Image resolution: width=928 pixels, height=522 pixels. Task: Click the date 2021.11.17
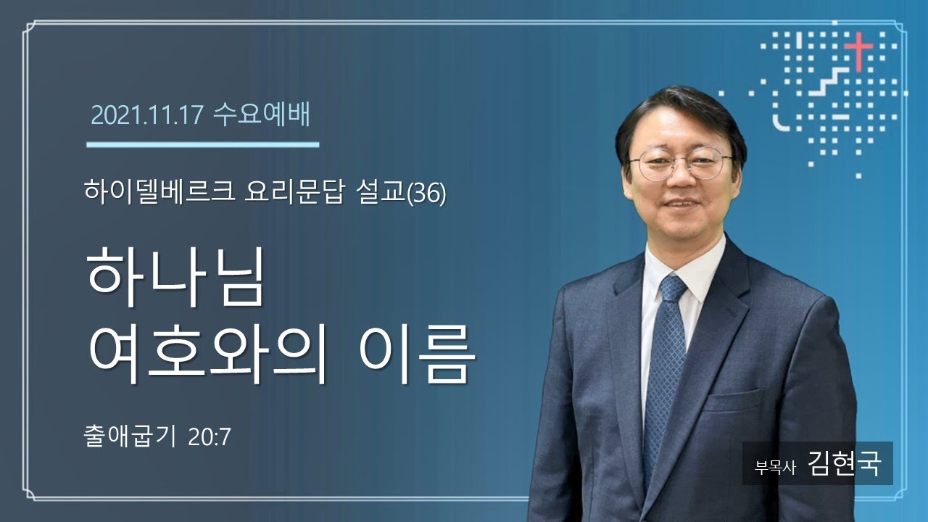point(147,115)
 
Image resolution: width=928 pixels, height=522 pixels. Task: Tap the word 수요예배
point(262,115)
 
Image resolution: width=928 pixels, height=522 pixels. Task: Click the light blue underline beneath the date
point(202,144)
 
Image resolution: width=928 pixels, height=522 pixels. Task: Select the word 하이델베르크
point(159,192)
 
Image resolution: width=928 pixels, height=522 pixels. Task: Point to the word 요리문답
point(294,192)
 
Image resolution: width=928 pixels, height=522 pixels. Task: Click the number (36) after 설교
point(427,193)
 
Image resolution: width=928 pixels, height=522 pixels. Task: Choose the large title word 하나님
point(175,277)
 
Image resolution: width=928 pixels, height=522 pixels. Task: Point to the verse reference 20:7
point(210,437)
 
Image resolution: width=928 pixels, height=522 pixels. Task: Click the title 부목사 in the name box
point(775,468)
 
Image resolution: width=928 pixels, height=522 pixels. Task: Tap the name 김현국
point(844,463)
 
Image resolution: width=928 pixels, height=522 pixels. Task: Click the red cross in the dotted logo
point(859,50)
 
